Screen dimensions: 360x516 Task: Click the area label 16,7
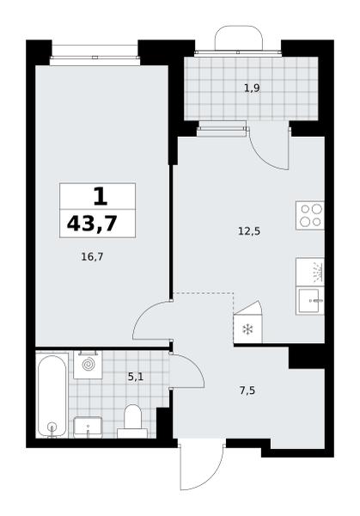click(x=92, y=256)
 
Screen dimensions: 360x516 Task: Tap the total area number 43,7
click(x=92, y=224)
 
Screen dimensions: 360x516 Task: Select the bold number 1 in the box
click(x=101, y=196)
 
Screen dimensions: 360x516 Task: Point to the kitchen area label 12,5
click(x=249, y=231)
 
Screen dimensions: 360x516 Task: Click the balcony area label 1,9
click(x=252, y=88)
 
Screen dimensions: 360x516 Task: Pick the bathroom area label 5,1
click(x=136, y=377)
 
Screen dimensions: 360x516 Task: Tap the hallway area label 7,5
click(x=247, y=391)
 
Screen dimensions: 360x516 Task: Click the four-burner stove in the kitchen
click(x=309, y=216)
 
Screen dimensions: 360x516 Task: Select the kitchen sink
click(x=310, y=300)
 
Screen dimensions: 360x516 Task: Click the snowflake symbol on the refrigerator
click(x=247, y=329)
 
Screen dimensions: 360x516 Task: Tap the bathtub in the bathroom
click(x=52, y=396)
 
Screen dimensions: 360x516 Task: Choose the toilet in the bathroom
click(x=132, y=421)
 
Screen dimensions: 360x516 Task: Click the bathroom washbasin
click(x=88, y=427)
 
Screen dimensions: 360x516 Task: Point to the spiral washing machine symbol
click(x=88, y=365)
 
